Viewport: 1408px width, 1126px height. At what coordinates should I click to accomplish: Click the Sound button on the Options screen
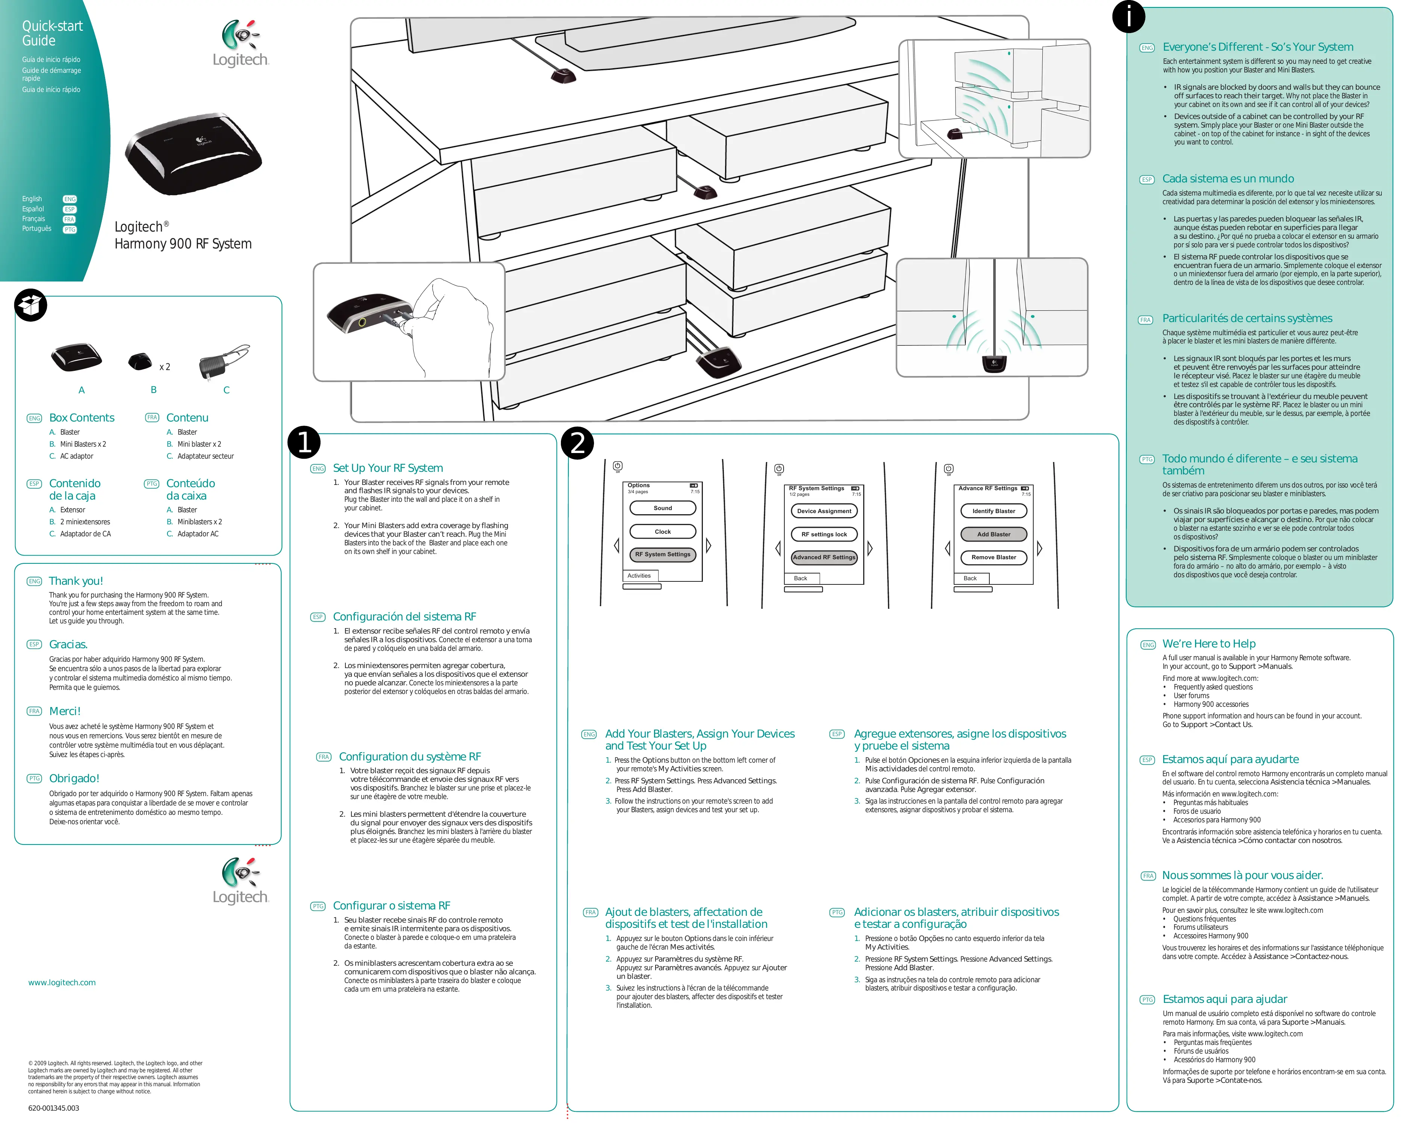tap(662, 508)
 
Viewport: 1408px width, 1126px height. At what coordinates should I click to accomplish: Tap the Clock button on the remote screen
tap(662, 531)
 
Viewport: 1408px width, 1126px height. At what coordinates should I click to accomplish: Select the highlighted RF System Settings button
tap(662, 554)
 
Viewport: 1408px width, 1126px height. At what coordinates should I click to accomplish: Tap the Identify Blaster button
tap(993, 511)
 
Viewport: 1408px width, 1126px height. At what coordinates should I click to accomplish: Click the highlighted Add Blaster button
tap(993, 534)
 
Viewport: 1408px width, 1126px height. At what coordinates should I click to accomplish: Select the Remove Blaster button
tap(993, 557)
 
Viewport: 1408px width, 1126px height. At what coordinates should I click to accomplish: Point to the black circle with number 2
tap(577, 443)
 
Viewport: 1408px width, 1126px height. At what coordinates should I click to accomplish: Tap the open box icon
tap(31, 305)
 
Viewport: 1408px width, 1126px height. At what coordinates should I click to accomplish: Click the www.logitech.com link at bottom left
tap(62, 982)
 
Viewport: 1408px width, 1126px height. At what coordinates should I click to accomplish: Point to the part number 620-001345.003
tap(54, 1108)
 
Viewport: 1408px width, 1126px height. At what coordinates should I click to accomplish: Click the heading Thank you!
tap(76, 581)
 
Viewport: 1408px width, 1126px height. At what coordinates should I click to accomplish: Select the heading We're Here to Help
tap(1209, 644)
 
